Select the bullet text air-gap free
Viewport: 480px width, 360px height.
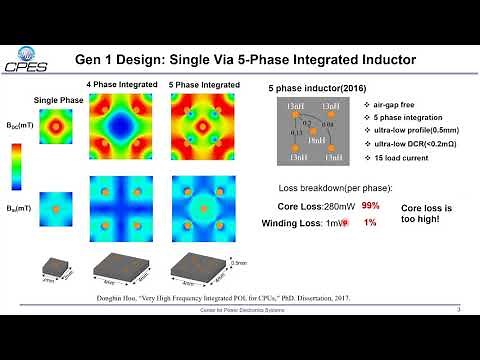pos(363,105)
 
